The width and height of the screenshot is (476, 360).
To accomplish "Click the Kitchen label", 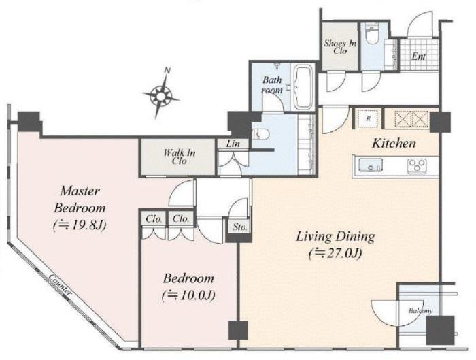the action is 394,143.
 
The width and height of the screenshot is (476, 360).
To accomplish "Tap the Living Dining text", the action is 335,237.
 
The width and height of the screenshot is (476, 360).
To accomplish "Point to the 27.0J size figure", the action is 335,253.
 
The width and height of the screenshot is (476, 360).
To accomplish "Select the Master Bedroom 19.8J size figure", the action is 80,225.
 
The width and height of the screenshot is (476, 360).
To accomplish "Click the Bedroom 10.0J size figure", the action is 188,295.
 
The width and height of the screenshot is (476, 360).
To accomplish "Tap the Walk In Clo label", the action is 179,157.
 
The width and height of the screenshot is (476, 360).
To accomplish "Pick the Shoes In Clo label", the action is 340,47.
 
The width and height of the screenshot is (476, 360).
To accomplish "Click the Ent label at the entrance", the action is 419,56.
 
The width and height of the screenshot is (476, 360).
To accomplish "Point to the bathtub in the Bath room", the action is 303,87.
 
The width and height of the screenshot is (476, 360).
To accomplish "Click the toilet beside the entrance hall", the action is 371,35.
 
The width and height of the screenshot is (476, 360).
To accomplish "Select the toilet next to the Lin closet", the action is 260,133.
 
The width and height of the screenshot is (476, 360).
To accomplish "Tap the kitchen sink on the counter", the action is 371,165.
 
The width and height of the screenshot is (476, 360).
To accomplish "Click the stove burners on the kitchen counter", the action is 417,166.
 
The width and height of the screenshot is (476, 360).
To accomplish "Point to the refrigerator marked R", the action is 369,118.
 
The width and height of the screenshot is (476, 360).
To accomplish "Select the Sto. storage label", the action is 240,227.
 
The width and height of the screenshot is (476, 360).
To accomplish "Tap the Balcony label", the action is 420,311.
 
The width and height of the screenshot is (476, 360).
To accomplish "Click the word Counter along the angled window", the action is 61,284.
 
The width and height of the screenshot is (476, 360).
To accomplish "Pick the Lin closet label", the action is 233,144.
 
